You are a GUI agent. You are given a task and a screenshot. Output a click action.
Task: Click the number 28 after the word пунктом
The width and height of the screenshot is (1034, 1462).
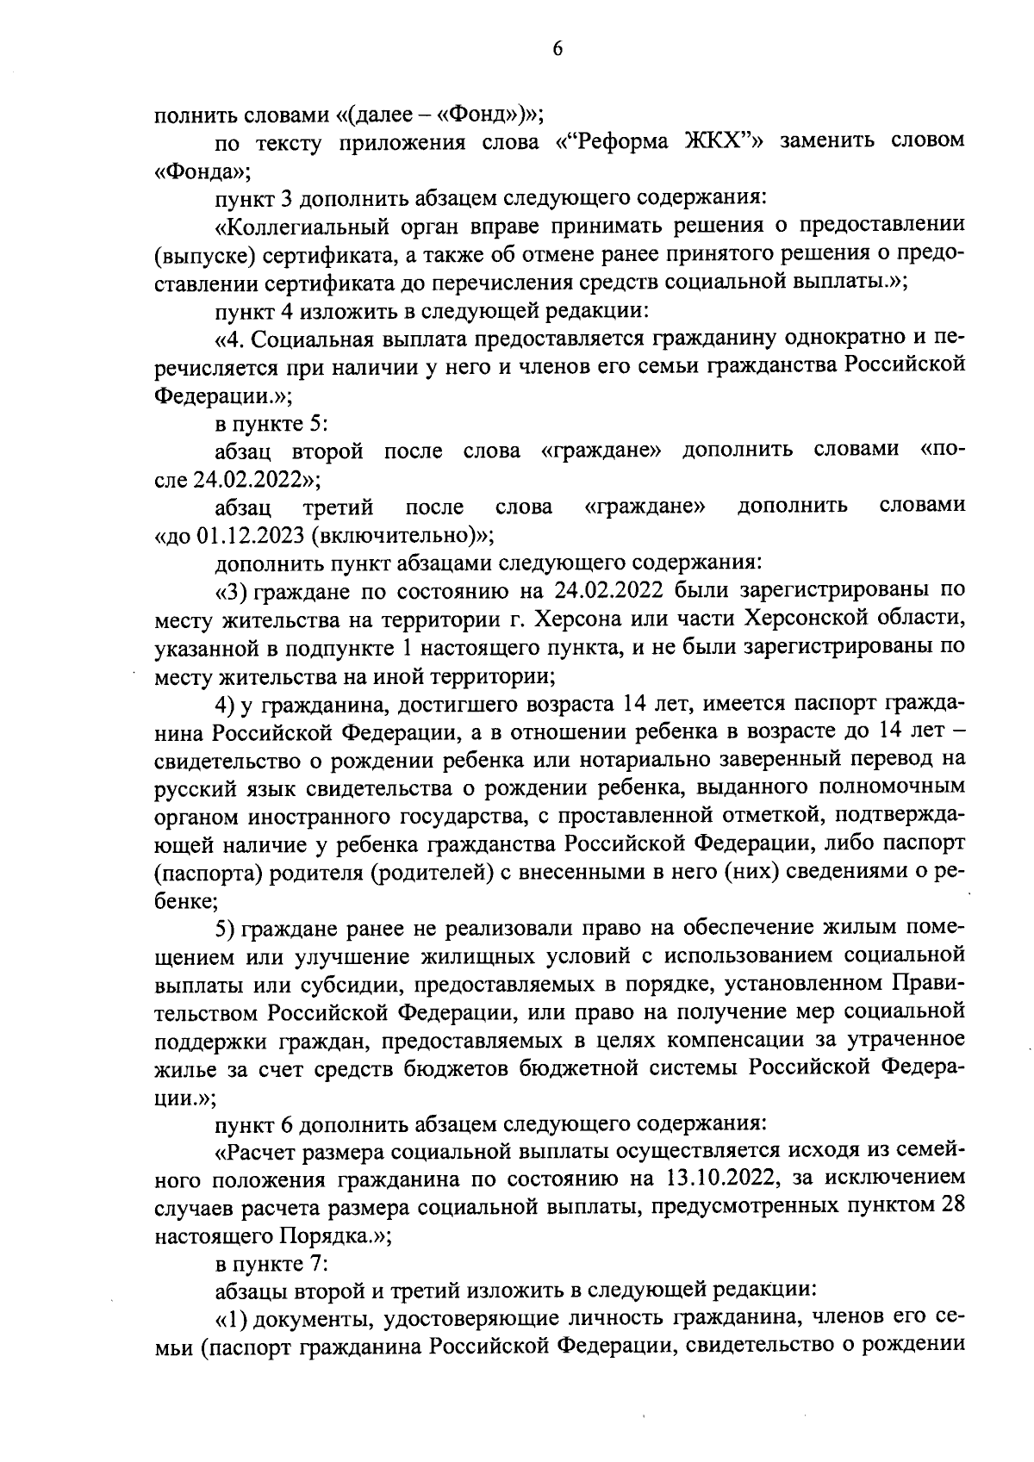[x=951, y=1205]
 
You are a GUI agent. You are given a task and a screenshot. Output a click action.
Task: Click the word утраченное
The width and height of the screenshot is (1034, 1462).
[x=907, y=1040]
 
